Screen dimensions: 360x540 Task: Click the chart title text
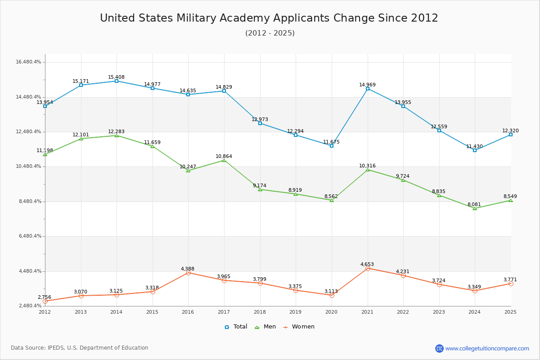click(x=269, y=18)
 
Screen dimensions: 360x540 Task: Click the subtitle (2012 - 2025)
click(x=270, y=33)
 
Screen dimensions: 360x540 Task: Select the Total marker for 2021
click(x=368, y=89)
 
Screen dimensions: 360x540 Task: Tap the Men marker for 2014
click(x=117, y=135)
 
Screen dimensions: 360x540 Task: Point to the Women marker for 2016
click(x=188, y=273)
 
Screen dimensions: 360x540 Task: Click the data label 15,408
click(x=116, y=77)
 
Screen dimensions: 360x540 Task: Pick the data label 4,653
click(x=367, y=264)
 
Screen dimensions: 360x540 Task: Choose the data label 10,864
click(x=224, y=156)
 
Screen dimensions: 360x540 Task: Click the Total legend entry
click(x=236, y=327)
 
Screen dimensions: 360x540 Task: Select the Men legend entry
click(x=265, y=327)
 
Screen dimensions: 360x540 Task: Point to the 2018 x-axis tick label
click(x=260, y=312)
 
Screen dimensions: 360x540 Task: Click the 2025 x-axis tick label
click(x=510, y=312)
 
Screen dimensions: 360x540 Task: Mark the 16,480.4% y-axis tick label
click(x=28, y=62)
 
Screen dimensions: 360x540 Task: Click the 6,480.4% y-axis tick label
click(x=28, y=236)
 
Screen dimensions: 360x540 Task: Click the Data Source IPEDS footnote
click(x=80, y=348)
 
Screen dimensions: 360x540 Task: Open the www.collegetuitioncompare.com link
click(x=487, y=348)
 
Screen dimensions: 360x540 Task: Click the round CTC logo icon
click(x=439, y=348)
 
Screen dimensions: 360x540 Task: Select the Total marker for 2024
click(x=475, y=150)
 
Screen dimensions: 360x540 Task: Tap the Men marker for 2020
click(x=332, y=200)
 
